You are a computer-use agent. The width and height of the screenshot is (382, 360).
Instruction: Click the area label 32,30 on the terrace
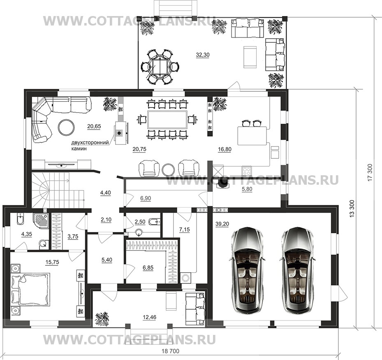(202, 55)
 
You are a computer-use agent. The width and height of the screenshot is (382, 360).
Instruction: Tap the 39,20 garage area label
(222, 224)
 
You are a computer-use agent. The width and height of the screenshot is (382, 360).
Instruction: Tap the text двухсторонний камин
(90, 146)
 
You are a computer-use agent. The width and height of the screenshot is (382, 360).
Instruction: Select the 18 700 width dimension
(171, 351)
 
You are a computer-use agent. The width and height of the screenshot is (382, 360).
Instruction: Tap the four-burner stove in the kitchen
(247, 170)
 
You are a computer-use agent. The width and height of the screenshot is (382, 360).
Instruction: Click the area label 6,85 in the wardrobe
(148, 267)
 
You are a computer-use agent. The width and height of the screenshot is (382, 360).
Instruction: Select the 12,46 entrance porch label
(150, 317)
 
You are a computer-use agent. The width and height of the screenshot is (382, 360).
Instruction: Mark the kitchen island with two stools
(252, 135)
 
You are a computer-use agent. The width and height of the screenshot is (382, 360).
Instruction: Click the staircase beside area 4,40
(58, 190)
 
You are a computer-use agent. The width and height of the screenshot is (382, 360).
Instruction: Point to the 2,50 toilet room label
(140, 222)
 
